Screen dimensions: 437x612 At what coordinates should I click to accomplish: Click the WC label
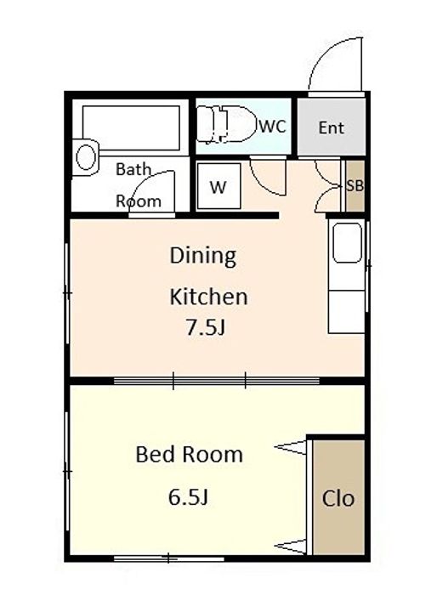pyautogui.click(x=273, y=126)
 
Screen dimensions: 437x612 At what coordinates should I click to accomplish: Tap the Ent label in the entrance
pyautogui.click(x=332, y=128)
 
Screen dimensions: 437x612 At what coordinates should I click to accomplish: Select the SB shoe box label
pyautogui.click(x=355, y=186)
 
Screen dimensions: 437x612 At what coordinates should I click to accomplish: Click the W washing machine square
pyautogui.click(x=218, y=186)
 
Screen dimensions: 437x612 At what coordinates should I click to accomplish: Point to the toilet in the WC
pyautogui.click(x=226, y=124)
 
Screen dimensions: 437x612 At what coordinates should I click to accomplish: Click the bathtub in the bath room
pyautogui.click(x=131, y=127)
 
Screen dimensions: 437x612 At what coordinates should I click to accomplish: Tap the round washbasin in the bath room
pyautogui.click(x=86, y=157)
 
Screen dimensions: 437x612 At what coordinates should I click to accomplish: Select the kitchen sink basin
pyautogui.click(x=347, y=243)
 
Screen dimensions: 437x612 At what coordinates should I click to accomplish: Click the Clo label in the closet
pyautogui.click(x=338, y=498)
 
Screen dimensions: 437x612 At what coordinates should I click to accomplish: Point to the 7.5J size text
pyautogui.click(x=206, y=328)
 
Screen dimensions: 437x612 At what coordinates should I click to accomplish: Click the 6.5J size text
pyautogui.click(x=188, y=497)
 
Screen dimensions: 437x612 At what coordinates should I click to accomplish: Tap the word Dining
pyautogui.click(x=203, y=256)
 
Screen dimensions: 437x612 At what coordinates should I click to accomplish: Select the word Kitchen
pyautogui.click(x=208, y=297)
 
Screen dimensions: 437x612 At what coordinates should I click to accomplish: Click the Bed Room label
pyautogui.click(x=189, y=454)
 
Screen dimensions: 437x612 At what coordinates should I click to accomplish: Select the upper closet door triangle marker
pyautogui.click(x=291, y=447)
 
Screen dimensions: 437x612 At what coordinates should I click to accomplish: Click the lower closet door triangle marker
pyautogui.click(x=291, y=546)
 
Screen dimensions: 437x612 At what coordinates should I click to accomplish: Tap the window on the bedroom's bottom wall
pyautogui.click(x=168, y=558)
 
